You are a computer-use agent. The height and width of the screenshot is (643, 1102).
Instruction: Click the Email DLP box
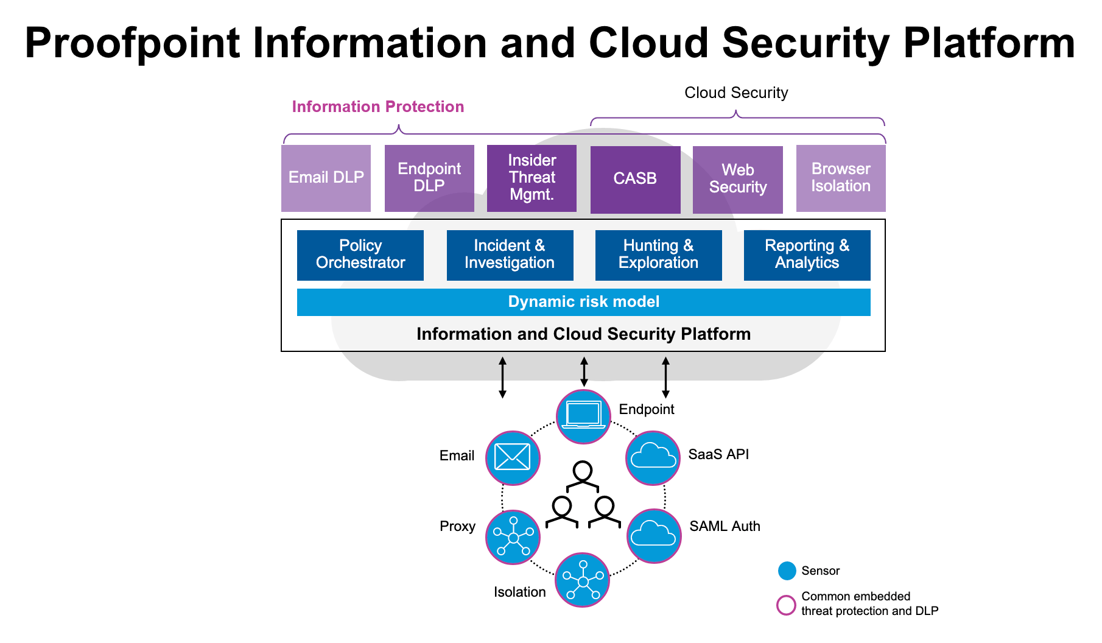(326, 178)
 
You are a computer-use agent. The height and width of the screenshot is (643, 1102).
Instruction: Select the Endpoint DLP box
(429, 178)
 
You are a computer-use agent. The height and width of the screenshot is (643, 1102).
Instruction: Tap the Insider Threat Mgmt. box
(532, 178)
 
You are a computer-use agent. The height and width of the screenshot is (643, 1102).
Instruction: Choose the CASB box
(635, 179)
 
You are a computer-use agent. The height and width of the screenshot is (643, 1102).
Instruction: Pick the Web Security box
(737, 179)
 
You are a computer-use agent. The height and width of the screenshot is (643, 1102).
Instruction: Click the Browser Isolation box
(841, 178)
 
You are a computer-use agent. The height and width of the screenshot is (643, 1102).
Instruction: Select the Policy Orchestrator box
(360, 255)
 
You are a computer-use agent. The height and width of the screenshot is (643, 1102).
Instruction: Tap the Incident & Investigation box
(510, 255)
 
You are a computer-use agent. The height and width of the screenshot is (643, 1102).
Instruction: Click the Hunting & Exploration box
(658, 255)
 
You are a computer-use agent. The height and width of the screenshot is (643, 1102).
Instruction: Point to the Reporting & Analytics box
(807, 255)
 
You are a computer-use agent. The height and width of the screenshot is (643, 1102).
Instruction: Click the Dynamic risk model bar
(583, 302)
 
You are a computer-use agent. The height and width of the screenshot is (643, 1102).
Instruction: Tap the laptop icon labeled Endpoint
(583, 416)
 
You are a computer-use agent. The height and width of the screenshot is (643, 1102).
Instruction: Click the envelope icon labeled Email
(513, 457)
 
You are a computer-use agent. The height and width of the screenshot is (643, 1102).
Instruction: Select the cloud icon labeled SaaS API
(653, 457)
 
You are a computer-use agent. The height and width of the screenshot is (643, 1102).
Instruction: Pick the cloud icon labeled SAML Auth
(654, 535)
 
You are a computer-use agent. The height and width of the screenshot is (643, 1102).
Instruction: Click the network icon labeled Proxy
(513, 536)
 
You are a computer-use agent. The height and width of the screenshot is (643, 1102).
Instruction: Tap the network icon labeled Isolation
(583, 580)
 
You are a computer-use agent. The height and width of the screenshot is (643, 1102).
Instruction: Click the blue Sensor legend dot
(787, 571)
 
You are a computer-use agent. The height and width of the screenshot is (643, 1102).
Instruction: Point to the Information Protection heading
(377, 107)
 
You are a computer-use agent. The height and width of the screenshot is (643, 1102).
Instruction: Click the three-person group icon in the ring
(583, 496)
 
